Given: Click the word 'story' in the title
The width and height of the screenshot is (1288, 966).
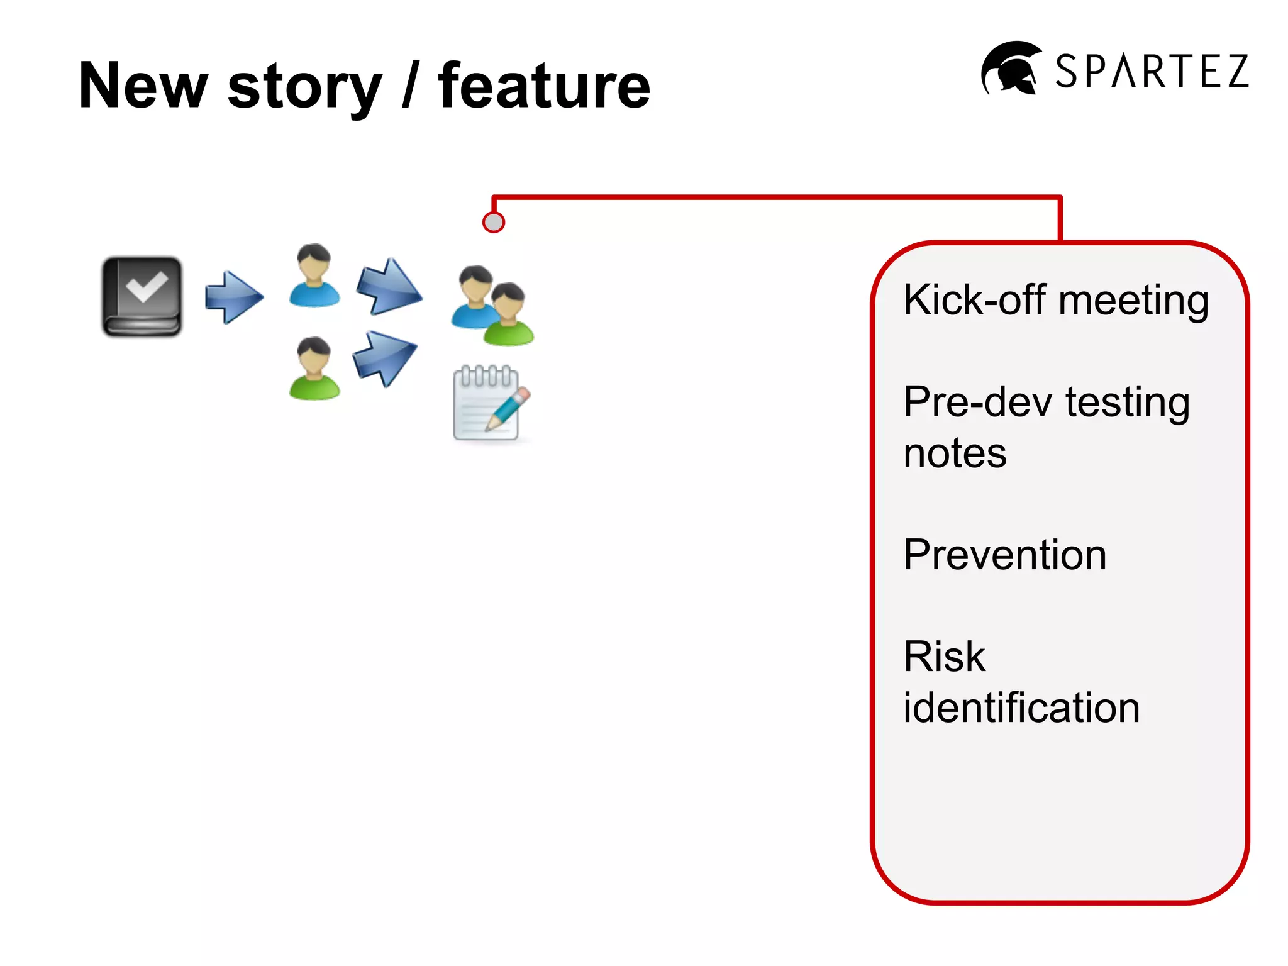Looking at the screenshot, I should [x=304, y=88].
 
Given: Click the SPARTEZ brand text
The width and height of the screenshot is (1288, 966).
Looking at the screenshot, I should [x=1152, y=71].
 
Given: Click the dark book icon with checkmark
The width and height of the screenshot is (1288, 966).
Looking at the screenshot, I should [x=142, y=296].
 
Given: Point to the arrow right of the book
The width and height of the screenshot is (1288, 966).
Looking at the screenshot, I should [x=234, y=297].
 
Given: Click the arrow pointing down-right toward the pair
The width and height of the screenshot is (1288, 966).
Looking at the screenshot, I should [x=389, y=287].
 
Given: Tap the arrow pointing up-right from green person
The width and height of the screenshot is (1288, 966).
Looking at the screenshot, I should [x=384, y=357].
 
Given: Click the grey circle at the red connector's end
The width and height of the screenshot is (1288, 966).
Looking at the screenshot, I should [x=494, y=222].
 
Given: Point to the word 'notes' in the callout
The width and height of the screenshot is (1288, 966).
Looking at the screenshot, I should [x=954, y=453].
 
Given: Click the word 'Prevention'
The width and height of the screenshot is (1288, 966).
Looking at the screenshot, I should [x=1004, y=555].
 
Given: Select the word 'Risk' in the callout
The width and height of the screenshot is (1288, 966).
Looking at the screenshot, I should [x=943, y=657].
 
